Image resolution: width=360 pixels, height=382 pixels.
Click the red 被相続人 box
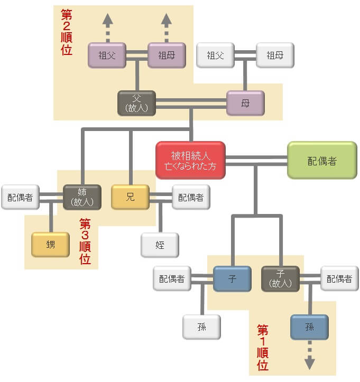tap(190, 160)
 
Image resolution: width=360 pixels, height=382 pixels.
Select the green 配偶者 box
tap(321, 160)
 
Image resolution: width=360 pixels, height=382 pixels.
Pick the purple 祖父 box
tap(107, 55)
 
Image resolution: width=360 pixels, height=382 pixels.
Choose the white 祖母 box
tap(275, 55)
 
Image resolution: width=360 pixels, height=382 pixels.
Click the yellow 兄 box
tap(130, 197)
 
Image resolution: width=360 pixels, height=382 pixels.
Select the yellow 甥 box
tap(50, 245)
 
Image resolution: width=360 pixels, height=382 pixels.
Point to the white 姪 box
tap(160, 245)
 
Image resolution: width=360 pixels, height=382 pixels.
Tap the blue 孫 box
tap(309, 327)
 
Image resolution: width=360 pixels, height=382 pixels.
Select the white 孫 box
tap(201, 327)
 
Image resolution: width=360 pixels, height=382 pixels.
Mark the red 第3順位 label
tap(85, 241)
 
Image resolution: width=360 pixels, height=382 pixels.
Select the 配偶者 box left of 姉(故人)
tap(20, 197)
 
